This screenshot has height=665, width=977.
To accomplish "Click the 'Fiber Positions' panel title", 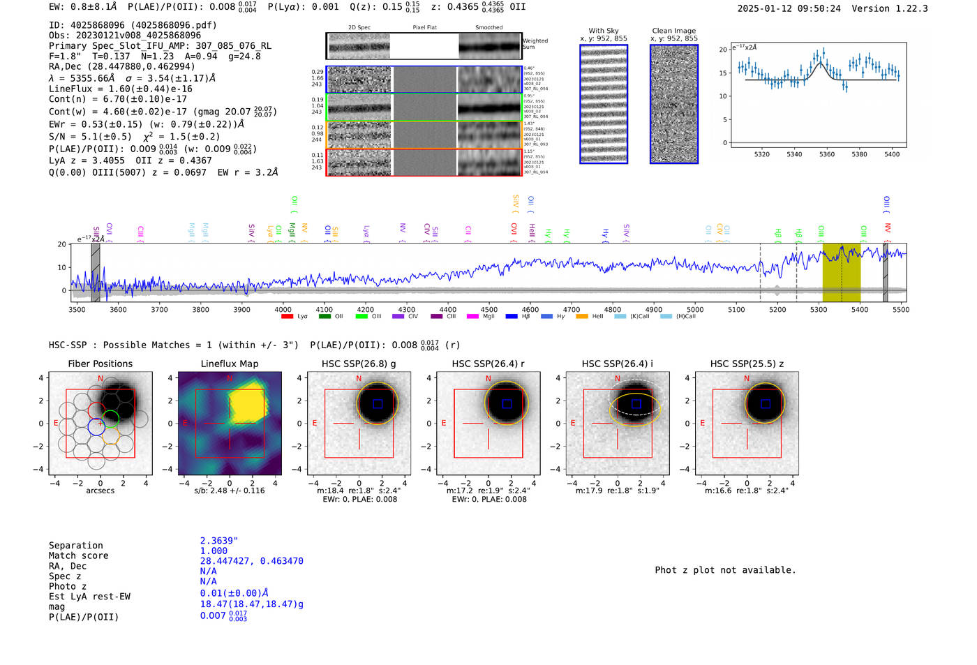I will coord(100,364).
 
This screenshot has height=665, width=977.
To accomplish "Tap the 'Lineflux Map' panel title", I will coord(230,364).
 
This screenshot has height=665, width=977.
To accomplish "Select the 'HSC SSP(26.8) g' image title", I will coord(359,364).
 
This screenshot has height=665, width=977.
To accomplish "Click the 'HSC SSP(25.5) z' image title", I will coord(747,364).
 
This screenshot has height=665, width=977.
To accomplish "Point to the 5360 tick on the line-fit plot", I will coord(827,154).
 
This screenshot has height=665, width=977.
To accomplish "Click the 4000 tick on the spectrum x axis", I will coord(283,310).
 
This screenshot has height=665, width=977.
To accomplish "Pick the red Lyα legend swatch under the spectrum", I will coord(287,317).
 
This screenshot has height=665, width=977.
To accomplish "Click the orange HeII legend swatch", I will coord(582,317).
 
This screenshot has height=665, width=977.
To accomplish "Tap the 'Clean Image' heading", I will coord(673,31).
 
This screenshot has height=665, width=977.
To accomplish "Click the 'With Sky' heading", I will coord(604,31).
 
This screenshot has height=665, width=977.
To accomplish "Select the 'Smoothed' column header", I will coord(488,28).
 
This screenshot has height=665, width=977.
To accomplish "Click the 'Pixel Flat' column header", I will coord(424,28).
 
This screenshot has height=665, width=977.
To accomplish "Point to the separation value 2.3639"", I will coord(219,541).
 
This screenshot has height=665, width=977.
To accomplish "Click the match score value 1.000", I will coord(214,551).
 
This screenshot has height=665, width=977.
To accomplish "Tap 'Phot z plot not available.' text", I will coord(725,570).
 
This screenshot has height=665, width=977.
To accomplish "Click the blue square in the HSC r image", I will coord(507,403).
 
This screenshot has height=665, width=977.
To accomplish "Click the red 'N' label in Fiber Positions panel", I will coord(100,379).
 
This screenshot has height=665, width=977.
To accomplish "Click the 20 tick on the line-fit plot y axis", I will coord(723,50).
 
